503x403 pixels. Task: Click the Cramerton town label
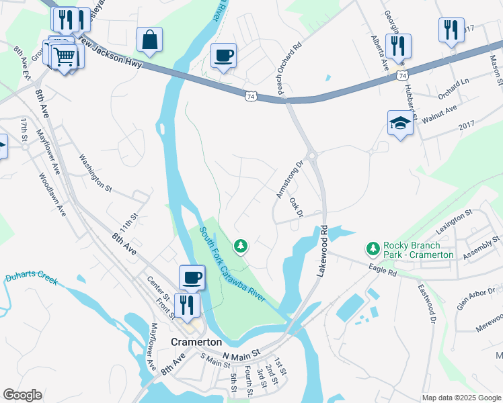(x=196, y=341)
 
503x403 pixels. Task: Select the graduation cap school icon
(x=399, y=123)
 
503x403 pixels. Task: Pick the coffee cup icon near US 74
(x=223, y=54)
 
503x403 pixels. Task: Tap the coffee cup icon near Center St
(x=192, y=277)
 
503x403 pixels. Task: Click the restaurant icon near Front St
(x=187, y=305)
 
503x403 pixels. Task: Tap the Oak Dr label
(x=297, y=207)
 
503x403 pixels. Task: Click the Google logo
(x=22, y=395)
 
